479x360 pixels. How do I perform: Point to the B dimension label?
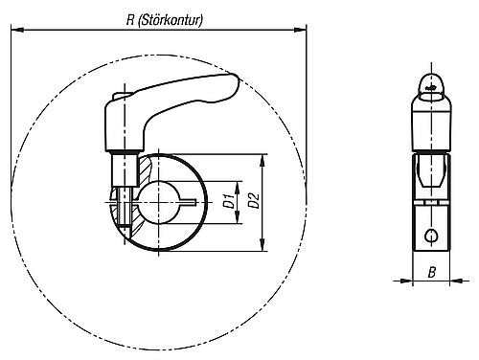pos(432,273)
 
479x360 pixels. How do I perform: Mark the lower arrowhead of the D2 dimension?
pos(262,246)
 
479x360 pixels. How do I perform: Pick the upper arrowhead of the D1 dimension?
pos(237,182)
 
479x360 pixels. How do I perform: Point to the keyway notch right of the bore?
pos(193,201)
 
